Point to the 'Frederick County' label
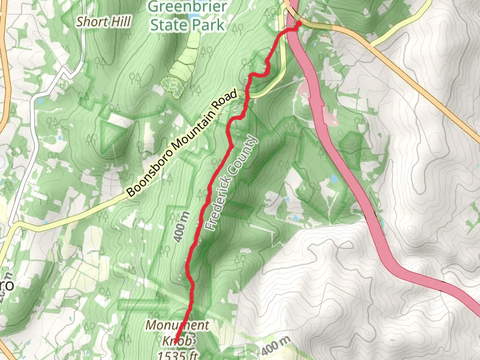tap(230, 184)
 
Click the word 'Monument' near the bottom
tap(178, 326)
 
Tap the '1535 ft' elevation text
tap(178, 355)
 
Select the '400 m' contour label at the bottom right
tap(276, 346)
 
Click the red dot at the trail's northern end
tap(298, 24)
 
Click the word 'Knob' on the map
tap(178, 341)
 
